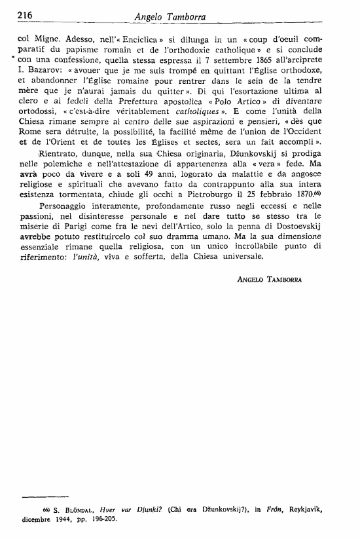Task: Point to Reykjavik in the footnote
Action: pos(296,509)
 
